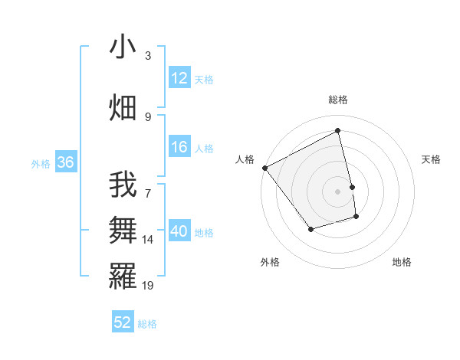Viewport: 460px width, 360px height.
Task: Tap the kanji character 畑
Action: (123, 107)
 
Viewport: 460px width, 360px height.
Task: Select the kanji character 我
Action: (123, 185)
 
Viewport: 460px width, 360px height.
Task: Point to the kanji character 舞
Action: (123, 231)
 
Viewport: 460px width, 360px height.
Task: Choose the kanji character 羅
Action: (123, 276)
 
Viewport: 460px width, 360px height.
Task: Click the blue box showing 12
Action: (179, 78)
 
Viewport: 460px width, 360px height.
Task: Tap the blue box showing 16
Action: (179, 147)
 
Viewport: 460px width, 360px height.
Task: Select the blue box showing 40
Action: (179, 231)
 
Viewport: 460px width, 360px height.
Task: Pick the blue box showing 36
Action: (65, 162)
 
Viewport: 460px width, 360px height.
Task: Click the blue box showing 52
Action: (123, 322)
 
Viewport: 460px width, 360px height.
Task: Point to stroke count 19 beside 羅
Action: (148, 286)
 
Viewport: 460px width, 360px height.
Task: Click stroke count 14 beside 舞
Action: (148, 240)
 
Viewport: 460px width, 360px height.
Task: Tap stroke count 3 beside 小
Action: (148, 56)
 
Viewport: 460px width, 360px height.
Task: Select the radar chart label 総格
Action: (338, 100)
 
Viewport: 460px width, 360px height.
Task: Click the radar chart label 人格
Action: (245, 159)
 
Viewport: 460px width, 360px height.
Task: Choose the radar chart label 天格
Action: (432, 159)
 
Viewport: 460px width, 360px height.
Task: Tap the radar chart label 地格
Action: (402, 262)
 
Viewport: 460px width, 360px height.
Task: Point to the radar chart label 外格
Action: (270, 262)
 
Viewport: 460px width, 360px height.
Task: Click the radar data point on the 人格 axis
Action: (264, 168)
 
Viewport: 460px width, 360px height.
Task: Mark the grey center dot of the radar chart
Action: (338, 191)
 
